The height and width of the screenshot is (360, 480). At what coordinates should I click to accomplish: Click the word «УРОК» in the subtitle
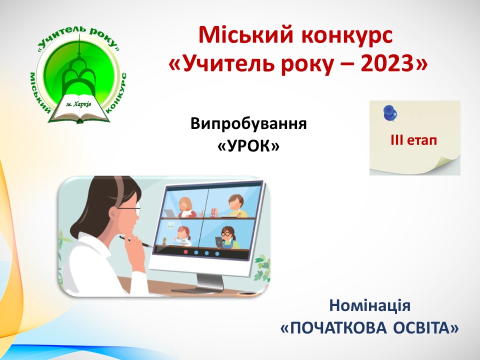click(x=248, y=146)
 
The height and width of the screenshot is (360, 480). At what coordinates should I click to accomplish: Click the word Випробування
click(x=248, y=123)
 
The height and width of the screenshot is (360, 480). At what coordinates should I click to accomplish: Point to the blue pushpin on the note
click(x=389, y=113)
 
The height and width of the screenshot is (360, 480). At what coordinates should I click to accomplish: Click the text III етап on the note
click(x=413, y=140)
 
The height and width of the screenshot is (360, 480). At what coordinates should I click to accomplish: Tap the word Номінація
click(x=370, y=305)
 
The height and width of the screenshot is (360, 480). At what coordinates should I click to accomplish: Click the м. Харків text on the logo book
click(x=78, y=104)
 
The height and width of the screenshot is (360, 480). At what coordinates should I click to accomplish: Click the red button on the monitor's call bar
click(x=185, y=252)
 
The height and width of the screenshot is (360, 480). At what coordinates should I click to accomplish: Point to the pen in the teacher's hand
click(x=136, y=241)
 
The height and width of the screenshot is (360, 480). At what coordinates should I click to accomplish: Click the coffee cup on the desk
click(x=248, y=293)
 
